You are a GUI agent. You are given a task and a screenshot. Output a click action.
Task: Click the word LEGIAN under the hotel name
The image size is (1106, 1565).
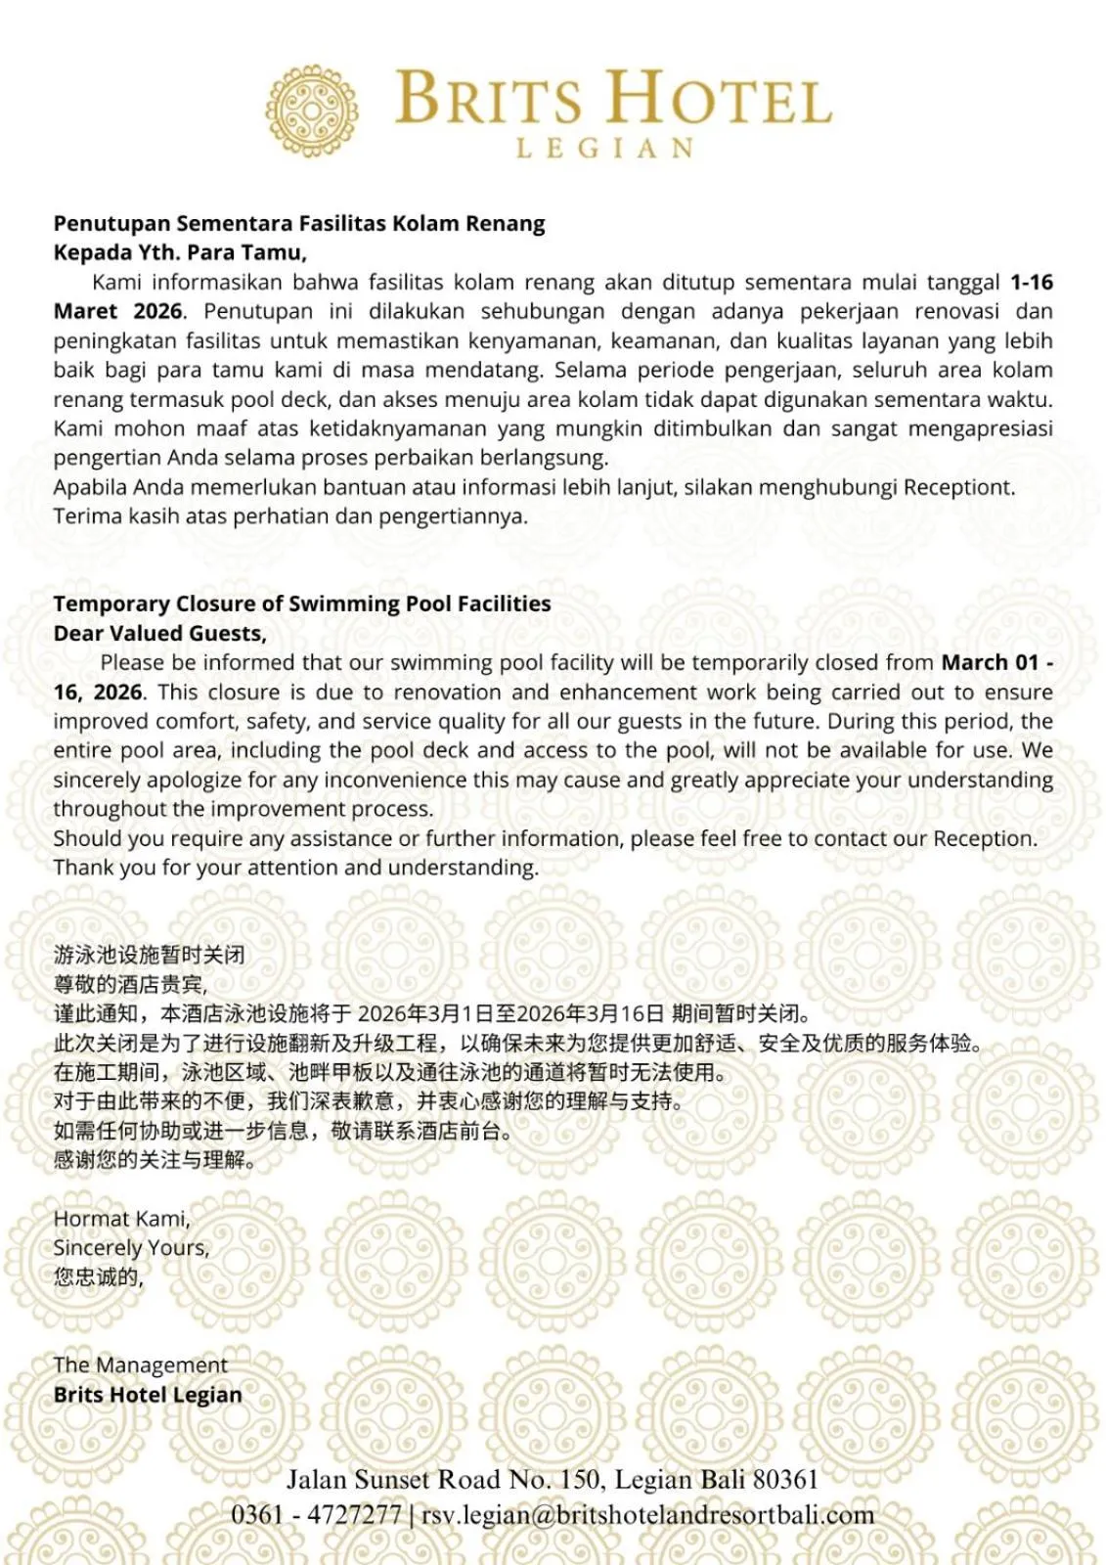pyautogui.click(x=605, y=149)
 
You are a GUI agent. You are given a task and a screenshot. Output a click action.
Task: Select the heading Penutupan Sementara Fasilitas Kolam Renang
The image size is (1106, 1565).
pyautogui.click(x=299, y=224)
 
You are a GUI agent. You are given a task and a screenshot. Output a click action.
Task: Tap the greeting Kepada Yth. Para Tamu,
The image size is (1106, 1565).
pyautogui.click(x=180, y=252)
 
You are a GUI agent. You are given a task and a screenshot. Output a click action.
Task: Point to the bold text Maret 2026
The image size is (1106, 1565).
pyautogui.click(x=117, y=312)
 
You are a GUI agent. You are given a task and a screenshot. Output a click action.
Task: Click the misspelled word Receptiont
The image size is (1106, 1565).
pyautogui.click(x=958, y=487)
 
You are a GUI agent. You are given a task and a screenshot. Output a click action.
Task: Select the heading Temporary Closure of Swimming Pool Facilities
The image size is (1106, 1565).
pyautogui.click(x=302, y=604)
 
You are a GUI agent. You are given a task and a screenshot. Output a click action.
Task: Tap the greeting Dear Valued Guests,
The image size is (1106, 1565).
pyautogui.click(x=160, y=633)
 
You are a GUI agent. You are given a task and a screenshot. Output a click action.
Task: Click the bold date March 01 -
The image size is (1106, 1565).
pyautogui.click(x=996, y=662)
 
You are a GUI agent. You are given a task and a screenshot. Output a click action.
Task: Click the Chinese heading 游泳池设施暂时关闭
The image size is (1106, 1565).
pyautogui.click(x=149, y=955)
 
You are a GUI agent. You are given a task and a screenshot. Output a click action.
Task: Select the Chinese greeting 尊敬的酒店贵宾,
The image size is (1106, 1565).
pyautogui.click(x=130, y=984)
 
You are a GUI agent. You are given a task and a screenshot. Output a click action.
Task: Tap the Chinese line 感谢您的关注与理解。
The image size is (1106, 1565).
pyautogui.click(x=155, y=1160)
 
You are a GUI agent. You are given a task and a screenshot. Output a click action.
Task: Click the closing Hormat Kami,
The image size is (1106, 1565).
pyautogui.click(x=121, y=1219)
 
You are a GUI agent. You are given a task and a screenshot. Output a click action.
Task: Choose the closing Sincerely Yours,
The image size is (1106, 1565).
pyautogui.click(x=131, y=1248)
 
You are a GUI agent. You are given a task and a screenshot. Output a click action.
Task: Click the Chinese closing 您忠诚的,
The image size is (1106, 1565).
pyautogui.click(x=99, y=1277)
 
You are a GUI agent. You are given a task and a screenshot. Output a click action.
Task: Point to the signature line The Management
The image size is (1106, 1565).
pyautogui.click(x=140, y=1364)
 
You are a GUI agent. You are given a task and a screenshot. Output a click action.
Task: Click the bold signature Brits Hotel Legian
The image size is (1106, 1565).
pyautogui.click(x=148, y=1395)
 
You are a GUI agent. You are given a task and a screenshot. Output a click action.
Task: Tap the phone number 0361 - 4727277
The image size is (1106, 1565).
pyautogui.click(x=316, y=1515)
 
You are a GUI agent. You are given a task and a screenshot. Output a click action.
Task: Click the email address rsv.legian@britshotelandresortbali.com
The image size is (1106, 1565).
pyautogui.click(x=647, y=1515)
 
